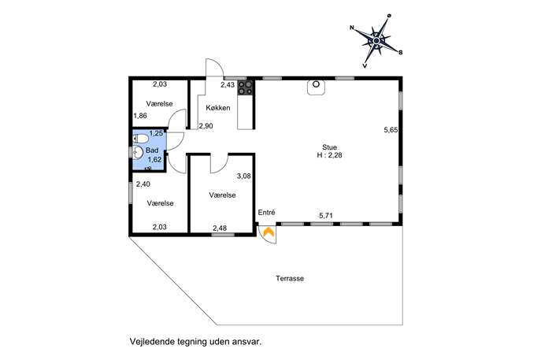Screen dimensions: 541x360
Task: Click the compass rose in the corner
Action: click(x=376, y=41)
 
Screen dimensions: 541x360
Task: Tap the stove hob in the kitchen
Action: click(x=245, y=87)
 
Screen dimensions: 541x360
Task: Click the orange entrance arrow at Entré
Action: click(x=268, y=232)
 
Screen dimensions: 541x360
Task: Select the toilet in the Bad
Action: click(x=140, y=139)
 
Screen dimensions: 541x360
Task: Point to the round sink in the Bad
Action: click(x=138, y=152)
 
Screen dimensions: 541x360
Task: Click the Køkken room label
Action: click(x=218, y=108)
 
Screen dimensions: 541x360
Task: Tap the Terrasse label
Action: click(x=290, y=279)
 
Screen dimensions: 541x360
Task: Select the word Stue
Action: click(x=329, y=147)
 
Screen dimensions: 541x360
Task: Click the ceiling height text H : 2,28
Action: click(x=329, y=155)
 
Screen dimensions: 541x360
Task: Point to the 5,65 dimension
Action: click(x=391, y=130)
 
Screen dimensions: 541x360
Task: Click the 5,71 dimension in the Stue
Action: click(x=326, y=216)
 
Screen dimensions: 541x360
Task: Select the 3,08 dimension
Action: click(x=244, y=176)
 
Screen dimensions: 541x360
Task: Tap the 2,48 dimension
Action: click(x=220, y=228)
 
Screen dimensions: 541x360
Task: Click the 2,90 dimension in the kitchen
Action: click(x=206, y=126)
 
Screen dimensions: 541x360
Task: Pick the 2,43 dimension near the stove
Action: click(x=228, y=84)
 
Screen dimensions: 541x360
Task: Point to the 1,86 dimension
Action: click(x=140, y=116)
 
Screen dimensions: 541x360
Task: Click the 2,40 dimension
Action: click(x=143, y=184)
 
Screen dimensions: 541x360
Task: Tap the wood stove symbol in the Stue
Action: click(x=316, y=87)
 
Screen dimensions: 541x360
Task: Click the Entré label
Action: click(x=266, y=213)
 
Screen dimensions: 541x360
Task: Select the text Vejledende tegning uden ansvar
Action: click(x=195, y=342)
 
